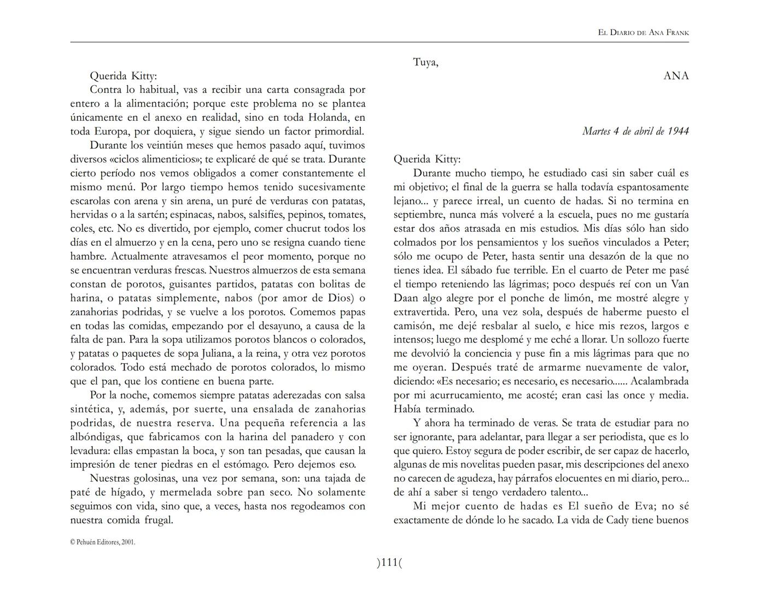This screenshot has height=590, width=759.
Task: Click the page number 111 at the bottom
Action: (x=389, y=562)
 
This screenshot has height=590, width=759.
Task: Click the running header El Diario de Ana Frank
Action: (x=643, y=33)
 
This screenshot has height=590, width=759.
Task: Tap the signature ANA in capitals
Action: (x=676, y=76)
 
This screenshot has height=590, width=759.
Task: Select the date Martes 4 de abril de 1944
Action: (x=635, y=131)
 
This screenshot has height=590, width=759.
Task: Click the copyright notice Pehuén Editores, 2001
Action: (x=102, y=542)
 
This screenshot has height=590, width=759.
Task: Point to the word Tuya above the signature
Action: (x=425, y=62)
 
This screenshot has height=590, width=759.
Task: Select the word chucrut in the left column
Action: (x=304, y=229)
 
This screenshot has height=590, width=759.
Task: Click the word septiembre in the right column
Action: (x=419, y=215)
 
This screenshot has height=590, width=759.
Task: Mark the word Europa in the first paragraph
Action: (x=113, y=132)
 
